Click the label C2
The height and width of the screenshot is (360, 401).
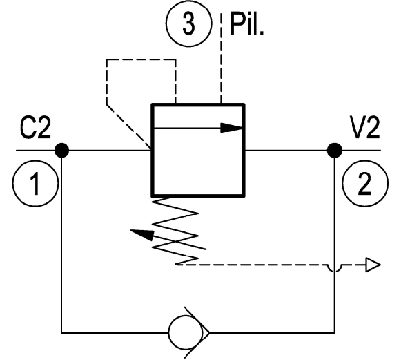(x=35, y=129)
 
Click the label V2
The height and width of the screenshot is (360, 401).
(x=365, y=127)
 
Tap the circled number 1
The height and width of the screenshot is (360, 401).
(x=35, y=183)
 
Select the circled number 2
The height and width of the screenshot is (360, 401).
(x=365, y=183)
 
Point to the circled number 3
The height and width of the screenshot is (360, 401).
(x=188, y=23)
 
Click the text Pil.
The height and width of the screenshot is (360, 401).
(x=246, y=24)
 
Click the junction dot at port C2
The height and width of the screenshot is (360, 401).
(x=62, y=151)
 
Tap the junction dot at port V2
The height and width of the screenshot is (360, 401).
(x=335, y=151)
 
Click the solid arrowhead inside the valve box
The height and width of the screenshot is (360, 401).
(x=231, y=128)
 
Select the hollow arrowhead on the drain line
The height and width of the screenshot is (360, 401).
(x=373, y=265)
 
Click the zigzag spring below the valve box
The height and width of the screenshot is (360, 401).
(x=175, y=230)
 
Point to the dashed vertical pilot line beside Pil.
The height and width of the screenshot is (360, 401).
(x=221, y=58)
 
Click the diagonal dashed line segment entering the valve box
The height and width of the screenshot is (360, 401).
(x=129, y=126)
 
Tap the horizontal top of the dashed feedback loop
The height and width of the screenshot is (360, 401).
(x=141, y=59)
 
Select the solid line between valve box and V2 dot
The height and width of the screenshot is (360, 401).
(x=286, y=151)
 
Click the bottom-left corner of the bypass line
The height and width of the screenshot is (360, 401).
(x=62, y=333)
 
